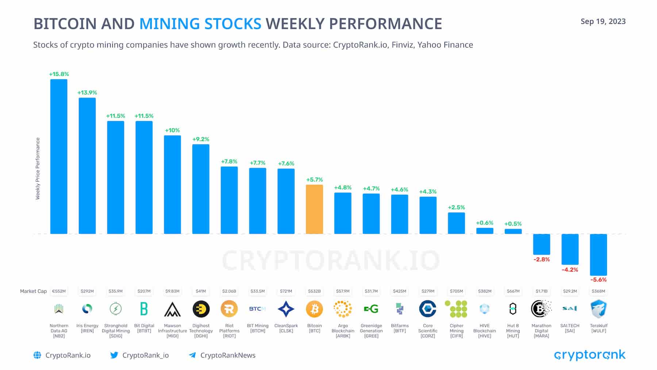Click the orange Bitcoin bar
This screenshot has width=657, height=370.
(314, 209)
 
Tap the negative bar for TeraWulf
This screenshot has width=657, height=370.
(598, 255)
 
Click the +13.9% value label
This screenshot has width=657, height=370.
(87, 93)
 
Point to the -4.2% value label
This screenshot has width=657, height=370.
(570, 270)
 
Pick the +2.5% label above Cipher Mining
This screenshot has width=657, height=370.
(456, 207)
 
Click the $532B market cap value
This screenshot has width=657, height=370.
(314, 291)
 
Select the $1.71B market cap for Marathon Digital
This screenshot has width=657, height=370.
(541, 291)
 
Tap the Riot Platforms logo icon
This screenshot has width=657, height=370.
(229, 309)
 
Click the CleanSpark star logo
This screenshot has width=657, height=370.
(286, 309)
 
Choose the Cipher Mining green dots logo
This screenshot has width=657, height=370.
(456, 309)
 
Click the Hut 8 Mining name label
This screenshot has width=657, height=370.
(513, 331)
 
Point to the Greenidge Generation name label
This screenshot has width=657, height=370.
(371, 331)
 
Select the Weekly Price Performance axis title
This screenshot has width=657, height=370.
(38, 168)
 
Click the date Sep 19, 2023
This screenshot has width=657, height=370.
(603, 22)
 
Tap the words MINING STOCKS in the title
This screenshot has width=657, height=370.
(200, 24)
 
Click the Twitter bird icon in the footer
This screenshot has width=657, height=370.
(114, 355)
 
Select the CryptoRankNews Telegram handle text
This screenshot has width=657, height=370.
(228, 355)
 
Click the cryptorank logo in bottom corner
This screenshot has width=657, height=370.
(589, 355)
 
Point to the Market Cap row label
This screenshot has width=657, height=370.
(33, 291)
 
